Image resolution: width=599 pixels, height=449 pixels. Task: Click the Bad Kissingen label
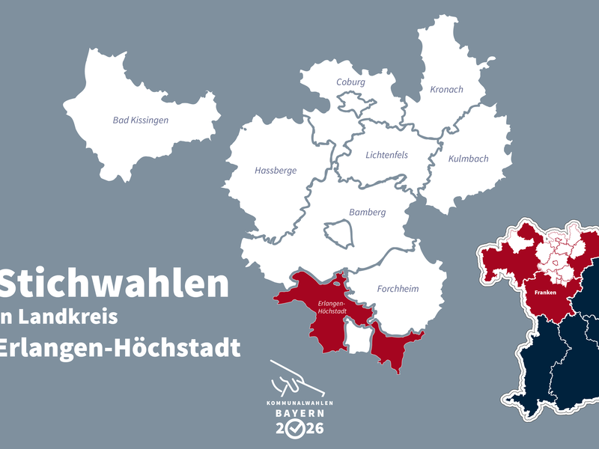140,120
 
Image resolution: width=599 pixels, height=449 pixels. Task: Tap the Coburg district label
350,82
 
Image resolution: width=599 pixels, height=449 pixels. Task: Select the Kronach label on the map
446,90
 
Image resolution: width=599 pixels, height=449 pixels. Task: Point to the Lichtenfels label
386,155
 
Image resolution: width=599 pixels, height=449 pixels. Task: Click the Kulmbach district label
468,159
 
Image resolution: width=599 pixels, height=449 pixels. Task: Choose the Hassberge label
276,171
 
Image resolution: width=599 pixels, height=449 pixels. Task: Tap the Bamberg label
367,212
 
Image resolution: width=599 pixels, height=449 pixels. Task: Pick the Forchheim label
398,289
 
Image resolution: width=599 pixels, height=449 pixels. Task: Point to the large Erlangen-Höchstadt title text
120,348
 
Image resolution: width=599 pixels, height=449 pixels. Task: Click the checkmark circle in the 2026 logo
299,428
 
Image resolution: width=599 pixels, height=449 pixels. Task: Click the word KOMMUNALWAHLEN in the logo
299,403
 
